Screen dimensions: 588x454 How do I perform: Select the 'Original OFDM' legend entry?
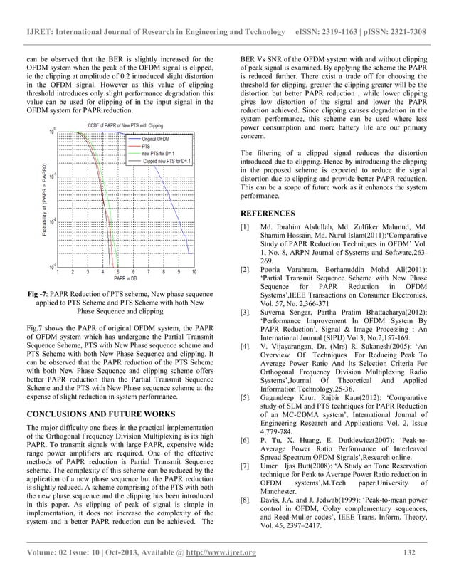click(x=159, y=137)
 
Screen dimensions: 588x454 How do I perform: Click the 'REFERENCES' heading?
click(x=268, y=213)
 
